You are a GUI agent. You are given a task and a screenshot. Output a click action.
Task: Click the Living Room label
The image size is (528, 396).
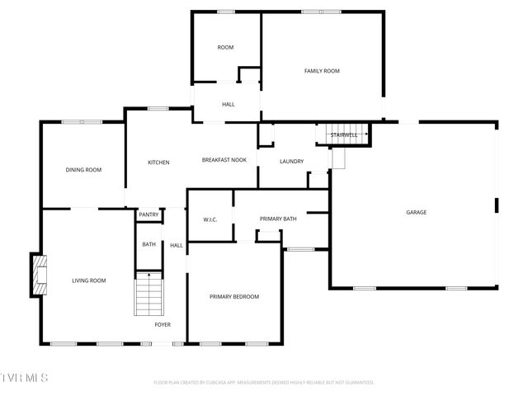pos(88,280)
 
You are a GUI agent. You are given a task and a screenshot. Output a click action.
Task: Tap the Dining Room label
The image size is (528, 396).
pos(83,170)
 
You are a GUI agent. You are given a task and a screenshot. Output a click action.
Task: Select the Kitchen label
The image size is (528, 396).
pos(158,163)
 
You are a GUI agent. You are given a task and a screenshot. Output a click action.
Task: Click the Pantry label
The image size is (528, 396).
pos(148,214)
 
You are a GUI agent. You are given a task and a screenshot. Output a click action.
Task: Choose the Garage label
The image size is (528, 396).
pos(416,212)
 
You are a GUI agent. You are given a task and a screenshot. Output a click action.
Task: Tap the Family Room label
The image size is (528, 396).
pos(322,71)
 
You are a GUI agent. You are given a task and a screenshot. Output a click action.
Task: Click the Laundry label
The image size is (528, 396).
pos(291,162)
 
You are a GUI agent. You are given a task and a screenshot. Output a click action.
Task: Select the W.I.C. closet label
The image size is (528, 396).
pos(210,219)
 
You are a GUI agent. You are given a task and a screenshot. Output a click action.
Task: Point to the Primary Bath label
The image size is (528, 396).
pos(278,219)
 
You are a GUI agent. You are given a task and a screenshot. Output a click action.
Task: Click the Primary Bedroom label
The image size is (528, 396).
pos(234,296)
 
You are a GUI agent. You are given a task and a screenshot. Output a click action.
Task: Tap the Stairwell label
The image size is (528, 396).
pos(343,134)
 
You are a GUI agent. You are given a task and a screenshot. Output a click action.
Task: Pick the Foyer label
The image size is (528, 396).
pos(163,324)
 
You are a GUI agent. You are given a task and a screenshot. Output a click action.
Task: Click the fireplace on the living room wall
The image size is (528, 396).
pos(38,275)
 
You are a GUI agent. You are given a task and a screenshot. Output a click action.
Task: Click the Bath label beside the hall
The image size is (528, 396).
pos(148,244)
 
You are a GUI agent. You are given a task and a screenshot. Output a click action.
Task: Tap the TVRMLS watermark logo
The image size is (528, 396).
pos(25,377)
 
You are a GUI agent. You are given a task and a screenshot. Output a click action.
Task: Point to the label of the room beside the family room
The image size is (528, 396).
pos(225,47)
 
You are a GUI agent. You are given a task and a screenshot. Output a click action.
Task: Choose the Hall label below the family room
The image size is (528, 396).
pos(228,105)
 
